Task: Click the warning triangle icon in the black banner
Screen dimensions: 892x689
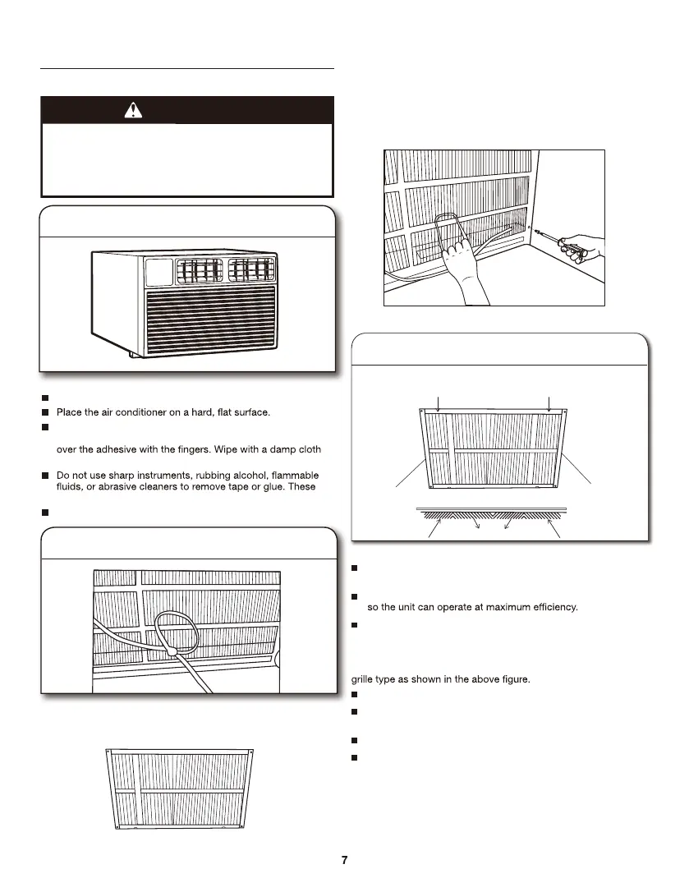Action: click(x=131, y=110)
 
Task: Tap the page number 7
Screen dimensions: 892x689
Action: click(x=345, y=860)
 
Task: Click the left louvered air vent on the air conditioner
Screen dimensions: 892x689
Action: click(x=197, y=270)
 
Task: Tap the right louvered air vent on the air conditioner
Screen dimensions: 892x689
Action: click(x=251, y=270)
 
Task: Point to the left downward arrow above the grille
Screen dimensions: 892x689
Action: click(x=441, y=402)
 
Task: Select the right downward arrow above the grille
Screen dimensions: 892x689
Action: click(x=548, y=402)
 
